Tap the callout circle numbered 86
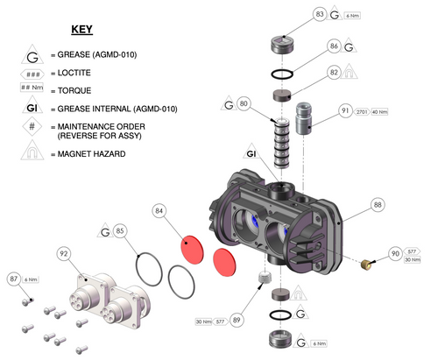334,46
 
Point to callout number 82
334,73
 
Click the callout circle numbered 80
244,104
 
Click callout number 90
395,253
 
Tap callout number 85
121,232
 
